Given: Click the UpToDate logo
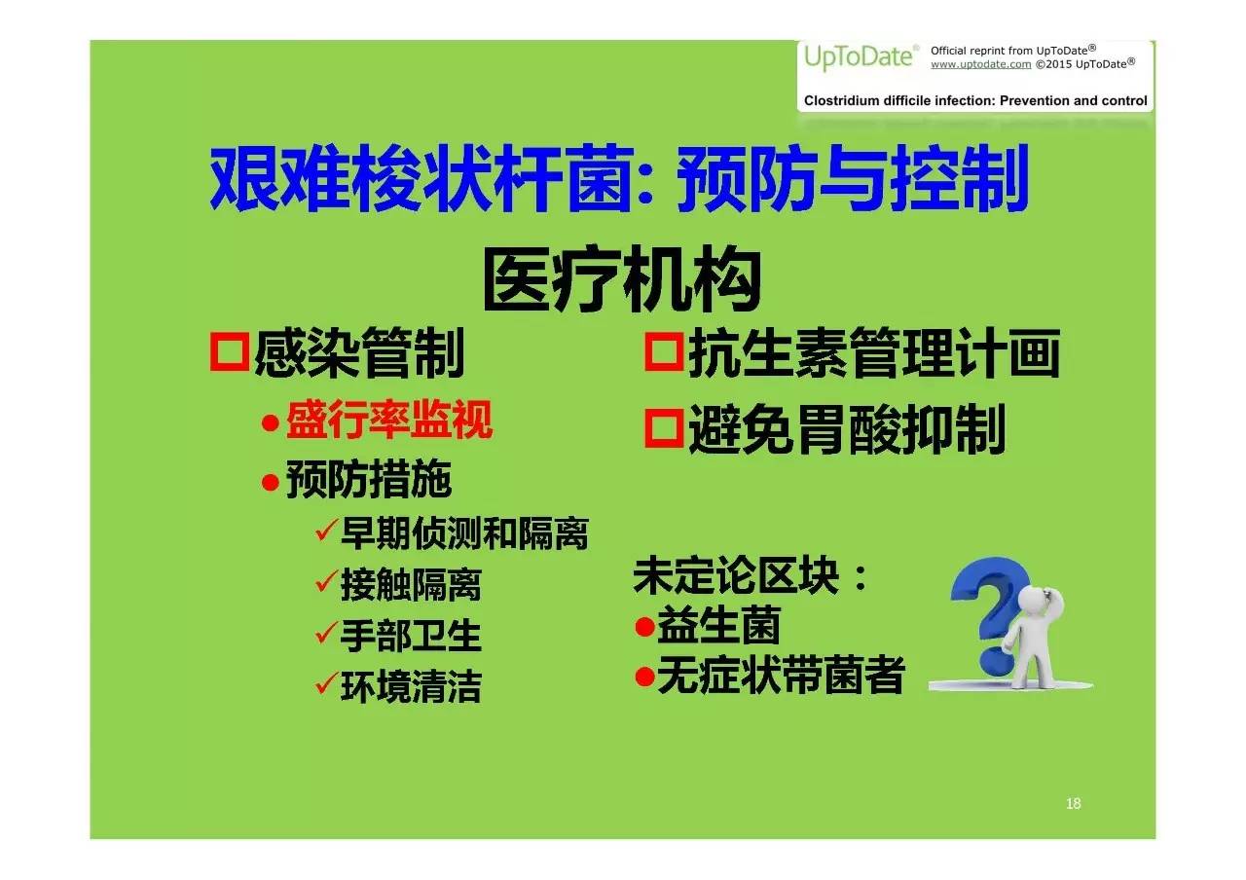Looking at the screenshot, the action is point(860,57).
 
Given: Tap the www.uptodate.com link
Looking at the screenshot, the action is point(980,64).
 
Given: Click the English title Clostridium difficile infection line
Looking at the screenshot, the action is point(975,100).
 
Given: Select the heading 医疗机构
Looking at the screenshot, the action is point(622,279).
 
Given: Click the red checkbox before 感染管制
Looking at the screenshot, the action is point(229,351).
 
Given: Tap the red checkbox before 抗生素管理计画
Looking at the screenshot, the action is point(664,351).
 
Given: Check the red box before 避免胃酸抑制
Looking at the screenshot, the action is point(664,428).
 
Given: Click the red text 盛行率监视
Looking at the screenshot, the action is point(389,420).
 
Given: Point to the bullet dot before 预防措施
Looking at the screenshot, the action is point(271,482).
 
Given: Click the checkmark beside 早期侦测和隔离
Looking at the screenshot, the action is point(326,531).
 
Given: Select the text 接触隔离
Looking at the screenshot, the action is point(411,585).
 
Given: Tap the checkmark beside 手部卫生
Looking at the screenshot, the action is point(326,633).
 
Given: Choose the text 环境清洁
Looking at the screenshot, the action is point(411,686).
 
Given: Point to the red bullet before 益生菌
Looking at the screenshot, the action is point(644,627).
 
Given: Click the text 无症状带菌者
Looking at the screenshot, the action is point(781,675).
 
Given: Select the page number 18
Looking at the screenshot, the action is point(1073,803).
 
